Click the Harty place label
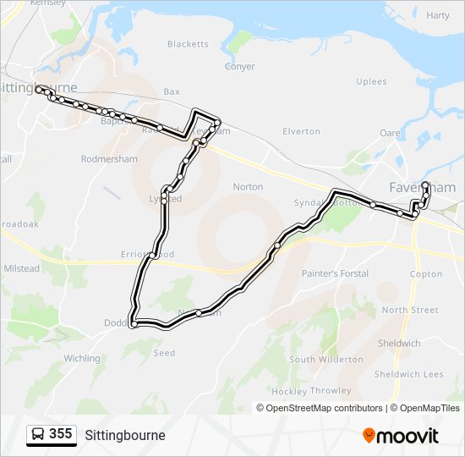click(438, 15)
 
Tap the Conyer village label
click(239, 67)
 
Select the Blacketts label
click(188, 44)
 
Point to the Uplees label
click(372, 82)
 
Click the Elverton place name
click(301, 131)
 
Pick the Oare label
click(390, 133)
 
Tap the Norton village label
click(248, 187)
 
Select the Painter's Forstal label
click(335, 274)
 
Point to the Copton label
click(425, 274)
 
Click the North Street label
click(410, 310)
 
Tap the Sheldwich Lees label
click(408, 374)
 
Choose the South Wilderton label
click(326, 360)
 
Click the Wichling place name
click(82, 359)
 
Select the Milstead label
click(22, 268)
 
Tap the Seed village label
click(164, 353)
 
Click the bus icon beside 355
click(38, 434)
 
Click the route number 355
click(61, 434)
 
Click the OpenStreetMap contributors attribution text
click(320, 408)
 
